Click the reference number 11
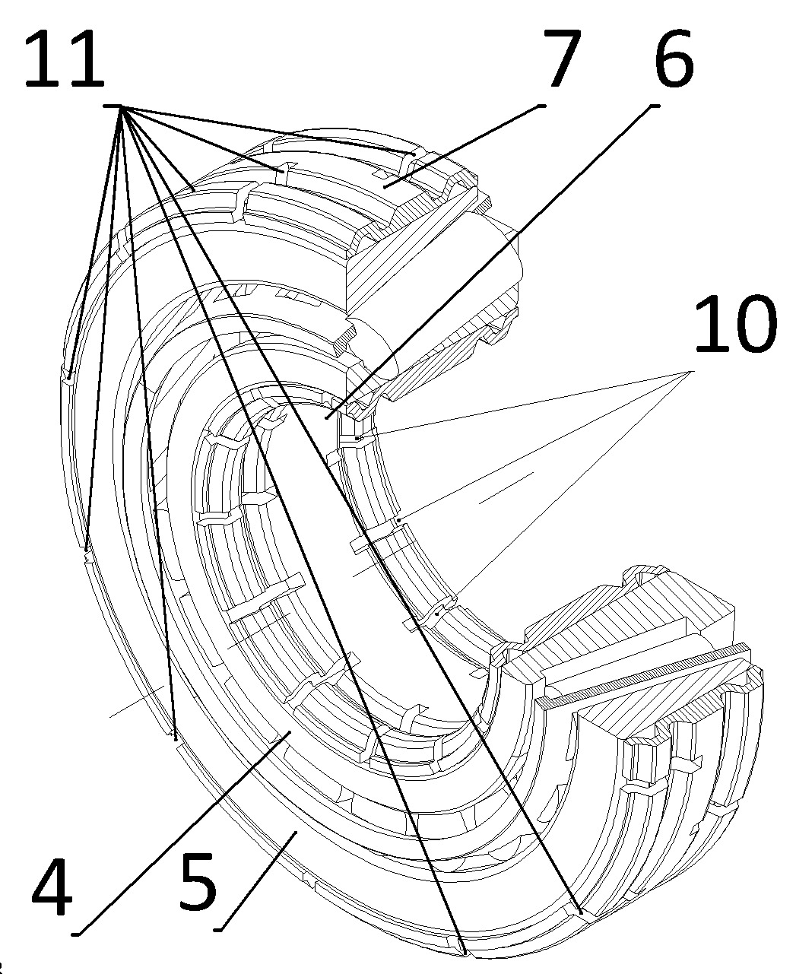[x=64, y=61]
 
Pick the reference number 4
[x=53, y=886]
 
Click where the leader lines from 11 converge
[x=122, y=106]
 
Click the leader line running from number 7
[x=464, y=144]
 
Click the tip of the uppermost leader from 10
[x=357, y=439]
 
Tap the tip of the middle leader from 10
[x=398, y=520]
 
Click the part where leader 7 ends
[x=385, y=185]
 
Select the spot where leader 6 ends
[x=327, y=417]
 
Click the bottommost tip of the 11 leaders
[x=465, y=950]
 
